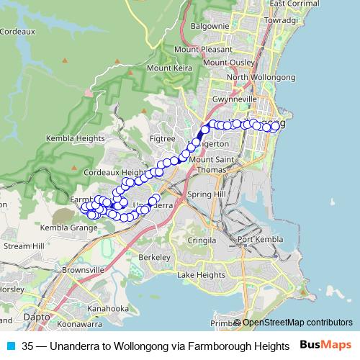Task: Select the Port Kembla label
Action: point(257,240)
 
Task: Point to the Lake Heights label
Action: point(201,275)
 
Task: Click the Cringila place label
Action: point(202,240)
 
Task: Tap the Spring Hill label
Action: point(207,195)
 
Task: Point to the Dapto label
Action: point(37,316)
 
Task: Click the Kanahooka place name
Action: point(107,309)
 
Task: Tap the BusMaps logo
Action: point(326,345)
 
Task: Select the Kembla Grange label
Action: point(68,228)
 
